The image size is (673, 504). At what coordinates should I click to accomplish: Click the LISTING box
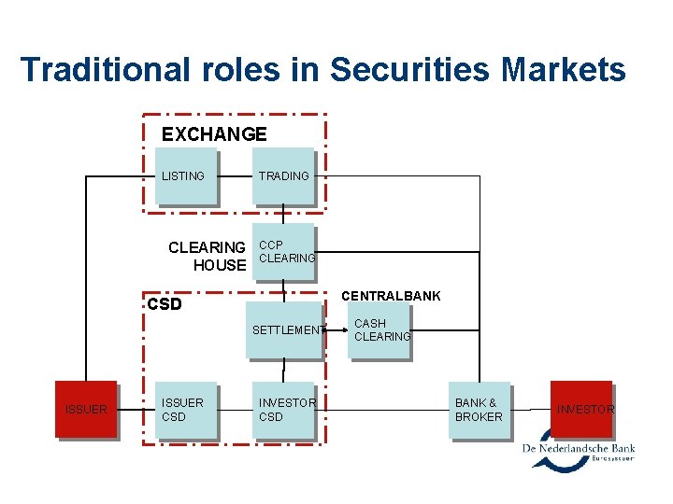click(186, 176)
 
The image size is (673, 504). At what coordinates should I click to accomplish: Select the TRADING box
click(285, 176)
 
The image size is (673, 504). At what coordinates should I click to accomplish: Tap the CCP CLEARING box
click(285, 253)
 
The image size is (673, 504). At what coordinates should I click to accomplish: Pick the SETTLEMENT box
click(283, 330)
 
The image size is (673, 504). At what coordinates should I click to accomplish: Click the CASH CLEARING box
click(380, 330)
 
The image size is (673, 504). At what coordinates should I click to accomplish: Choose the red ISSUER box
click(86, 410)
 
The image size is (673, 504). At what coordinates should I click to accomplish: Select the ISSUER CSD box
click(186, 410)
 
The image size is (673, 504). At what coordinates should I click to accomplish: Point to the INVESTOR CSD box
click(285, 410)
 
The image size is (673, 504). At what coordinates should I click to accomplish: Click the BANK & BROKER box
click(480, 410)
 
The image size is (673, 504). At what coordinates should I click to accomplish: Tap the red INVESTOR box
click(580, 409)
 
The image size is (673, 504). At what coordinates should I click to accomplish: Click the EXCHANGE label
click(214, 134)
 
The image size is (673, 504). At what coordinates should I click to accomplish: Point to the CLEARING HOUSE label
click(207, 256)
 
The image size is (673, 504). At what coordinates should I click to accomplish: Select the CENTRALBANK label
click(391, 296)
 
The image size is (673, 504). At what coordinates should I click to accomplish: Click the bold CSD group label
click(165, 304)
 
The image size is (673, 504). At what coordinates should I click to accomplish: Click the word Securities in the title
click(398, 69)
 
